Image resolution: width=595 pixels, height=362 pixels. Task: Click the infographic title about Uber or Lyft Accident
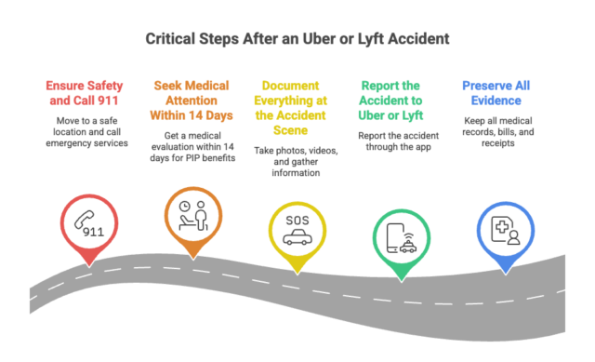point(297,39)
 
